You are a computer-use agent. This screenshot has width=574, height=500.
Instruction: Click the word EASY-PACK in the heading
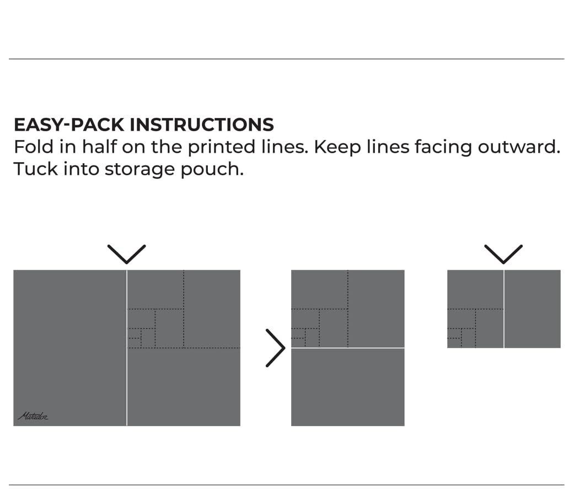pos(69,125)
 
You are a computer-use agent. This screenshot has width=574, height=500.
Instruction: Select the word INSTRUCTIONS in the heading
pos(201,125)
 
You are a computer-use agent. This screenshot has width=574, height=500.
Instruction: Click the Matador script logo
pos(33,416)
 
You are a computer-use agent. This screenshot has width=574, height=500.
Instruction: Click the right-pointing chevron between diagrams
pos(275,348)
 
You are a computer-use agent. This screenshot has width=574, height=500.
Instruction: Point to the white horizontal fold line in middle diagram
pos(347,348)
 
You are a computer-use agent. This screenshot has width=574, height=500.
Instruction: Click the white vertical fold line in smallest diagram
pos(504,309)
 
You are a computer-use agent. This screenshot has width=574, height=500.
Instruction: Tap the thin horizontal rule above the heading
pos(287,59)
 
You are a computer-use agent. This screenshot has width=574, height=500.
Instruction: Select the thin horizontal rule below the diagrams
pos(287,485)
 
